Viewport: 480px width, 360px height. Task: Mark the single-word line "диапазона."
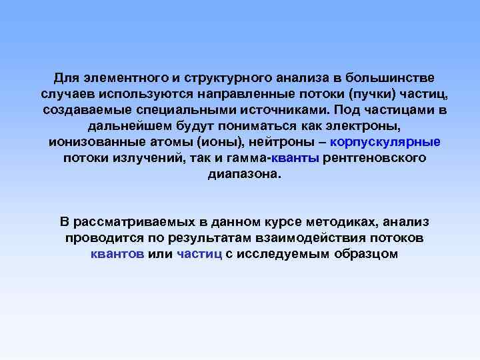point(240,173)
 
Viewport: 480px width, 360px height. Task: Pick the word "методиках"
point(324,222)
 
